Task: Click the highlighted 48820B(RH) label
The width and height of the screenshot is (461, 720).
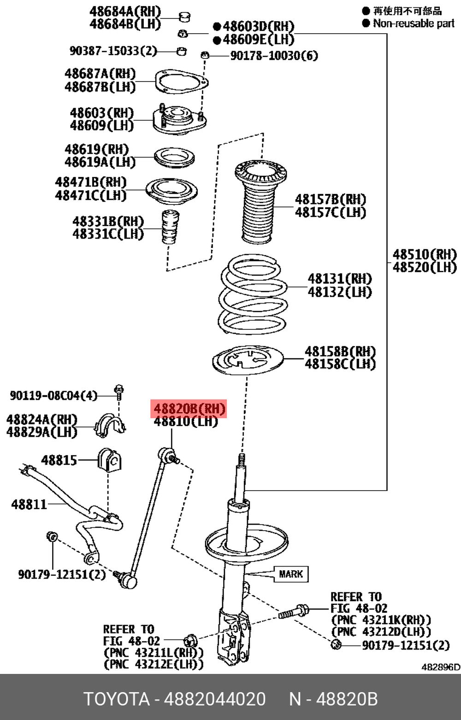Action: [x=189, y=409]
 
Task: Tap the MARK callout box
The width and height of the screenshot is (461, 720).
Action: [x=291, y=574]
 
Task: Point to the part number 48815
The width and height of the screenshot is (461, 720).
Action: [x=59, y=460]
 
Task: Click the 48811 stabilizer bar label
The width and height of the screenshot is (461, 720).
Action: [x=29, y=504]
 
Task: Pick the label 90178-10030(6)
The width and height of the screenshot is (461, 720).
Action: [x=274, y=56]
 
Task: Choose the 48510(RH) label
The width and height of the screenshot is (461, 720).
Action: [x=424, y=254]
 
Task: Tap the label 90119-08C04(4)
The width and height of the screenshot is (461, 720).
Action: [x=53, y=395]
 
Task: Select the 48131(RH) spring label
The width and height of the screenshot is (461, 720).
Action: [x=340, y=279]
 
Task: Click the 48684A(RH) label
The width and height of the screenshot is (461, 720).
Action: [x=125, y=12]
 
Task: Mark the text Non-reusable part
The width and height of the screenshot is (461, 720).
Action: [x=414, y=23]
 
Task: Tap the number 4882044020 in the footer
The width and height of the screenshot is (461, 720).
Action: [x=215, y=699]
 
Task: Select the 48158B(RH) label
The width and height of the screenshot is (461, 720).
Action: [x=340, y=351]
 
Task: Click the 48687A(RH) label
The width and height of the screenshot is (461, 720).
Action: [x=100, y=74]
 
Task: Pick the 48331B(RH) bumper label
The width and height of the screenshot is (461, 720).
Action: [x=108, y=222]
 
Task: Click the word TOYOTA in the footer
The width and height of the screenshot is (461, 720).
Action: [x=116, y=699]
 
